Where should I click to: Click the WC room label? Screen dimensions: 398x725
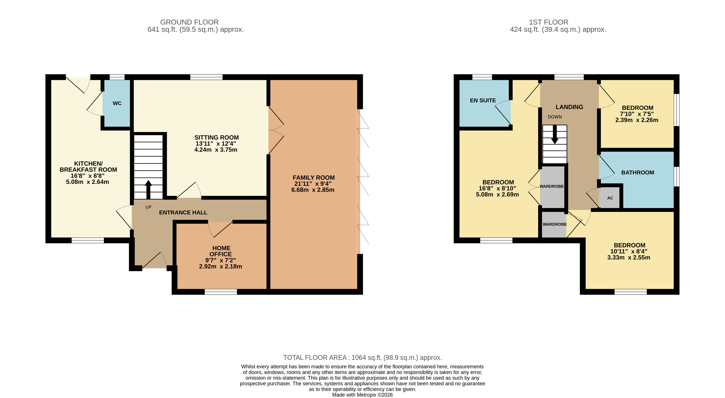pos(117,103)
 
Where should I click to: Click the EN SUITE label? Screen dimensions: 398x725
pos(483,100)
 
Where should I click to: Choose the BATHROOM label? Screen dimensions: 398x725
pos(638,172)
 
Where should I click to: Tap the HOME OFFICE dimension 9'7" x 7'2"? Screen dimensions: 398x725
pos(220,260)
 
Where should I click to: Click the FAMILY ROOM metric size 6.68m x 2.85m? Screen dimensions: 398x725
pos(313,190)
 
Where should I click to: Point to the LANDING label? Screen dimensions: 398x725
pos(569,107)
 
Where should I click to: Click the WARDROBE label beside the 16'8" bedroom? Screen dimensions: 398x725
pos(551,186)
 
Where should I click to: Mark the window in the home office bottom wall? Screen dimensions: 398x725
pos(221,292)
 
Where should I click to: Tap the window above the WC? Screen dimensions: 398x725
pos(117,77)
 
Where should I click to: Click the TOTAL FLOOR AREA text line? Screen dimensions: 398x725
pos(362,358)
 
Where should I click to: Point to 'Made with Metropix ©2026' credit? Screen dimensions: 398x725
pos(362,395)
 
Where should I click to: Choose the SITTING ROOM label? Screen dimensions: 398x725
pos(216,138)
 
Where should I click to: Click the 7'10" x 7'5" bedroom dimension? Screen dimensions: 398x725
pos(637,114)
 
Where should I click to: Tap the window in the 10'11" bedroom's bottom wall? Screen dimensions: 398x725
pos(631,292)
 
